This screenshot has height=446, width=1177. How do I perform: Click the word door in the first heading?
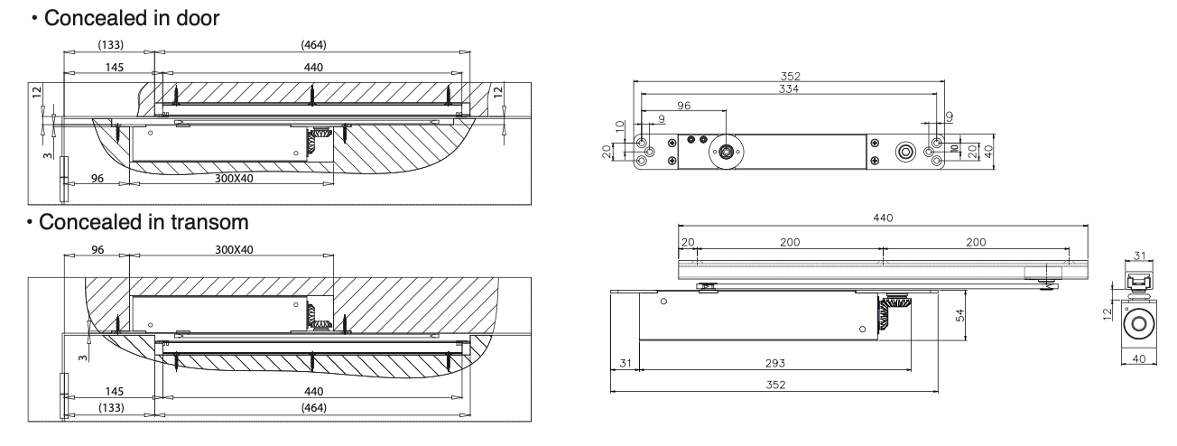[x=198, y=18]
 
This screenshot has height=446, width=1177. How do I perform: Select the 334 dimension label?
[x=789, y=88]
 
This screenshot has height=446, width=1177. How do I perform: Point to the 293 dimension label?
[x=775, y=363]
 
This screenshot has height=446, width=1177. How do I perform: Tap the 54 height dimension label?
[x=960, y=315]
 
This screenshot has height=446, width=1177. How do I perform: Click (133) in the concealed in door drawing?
[x=111, y=44]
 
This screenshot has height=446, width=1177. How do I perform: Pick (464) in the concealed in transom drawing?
[x=314, y=408]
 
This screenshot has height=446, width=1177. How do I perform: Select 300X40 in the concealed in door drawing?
[x=234, y=179]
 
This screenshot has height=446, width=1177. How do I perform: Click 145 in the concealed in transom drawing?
[x=114, y=391]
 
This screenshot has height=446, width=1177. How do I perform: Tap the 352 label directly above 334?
[x=791, y=77]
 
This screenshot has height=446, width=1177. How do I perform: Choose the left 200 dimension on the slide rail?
[x=790, y=242]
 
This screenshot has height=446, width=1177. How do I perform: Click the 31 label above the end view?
[x=1139, y=256]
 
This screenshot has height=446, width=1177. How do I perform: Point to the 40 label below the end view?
[x=1139, y=358]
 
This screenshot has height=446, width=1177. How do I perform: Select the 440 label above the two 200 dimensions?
[x=883, y=218]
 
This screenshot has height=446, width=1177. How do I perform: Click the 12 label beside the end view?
[x=1107, y=313]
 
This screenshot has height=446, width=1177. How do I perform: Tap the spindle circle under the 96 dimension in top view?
[x=727, y=152]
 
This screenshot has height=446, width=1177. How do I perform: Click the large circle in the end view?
[x=1139, y=323]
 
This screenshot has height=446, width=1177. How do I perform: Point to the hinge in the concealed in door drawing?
[x=63, y=179]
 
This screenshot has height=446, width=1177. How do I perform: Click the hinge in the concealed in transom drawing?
[x=63, y=396]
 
